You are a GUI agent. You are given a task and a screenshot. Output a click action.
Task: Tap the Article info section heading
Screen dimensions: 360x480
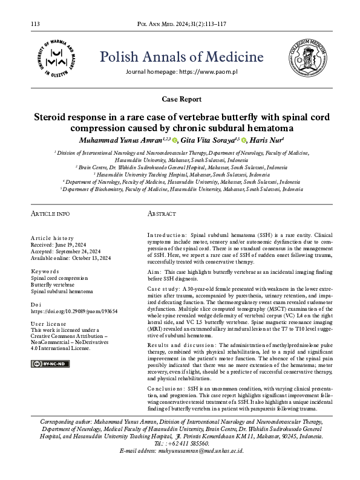(50, 214)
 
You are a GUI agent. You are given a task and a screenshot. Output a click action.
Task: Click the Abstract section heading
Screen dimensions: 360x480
(162, 214)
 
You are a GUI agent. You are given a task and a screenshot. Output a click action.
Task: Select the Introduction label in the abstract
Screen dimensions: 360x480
(167, 233)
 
